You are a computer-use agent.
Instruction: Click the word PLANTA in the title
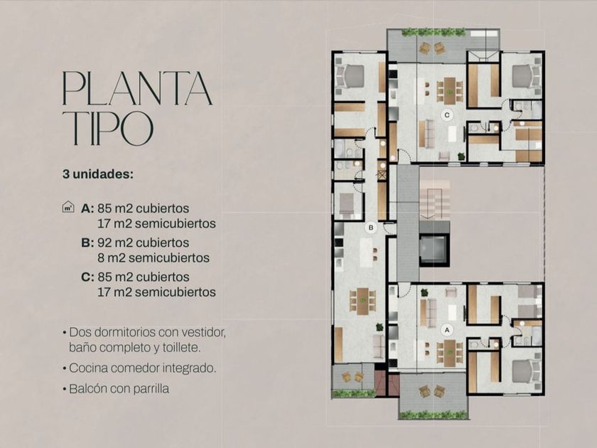click(x=137, y=88)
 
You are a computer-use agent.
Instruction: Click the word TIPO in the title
click(x=108, y=128)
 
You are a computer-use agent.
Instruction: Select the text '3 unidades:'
click(x=98, y=174)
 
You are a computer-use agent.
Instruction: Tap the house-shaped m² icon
click(x=68, y=207)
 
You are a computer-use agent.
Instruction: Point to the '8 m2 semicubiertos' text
click(x=154, y=258)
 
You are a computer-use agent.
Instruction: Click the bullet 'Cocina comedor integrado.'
click(x=142, y=368)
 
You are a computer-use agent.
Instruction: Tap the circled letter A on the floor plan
click(x=447, y=330)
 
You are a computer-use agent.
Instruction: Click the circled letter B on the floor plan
click(x=370, y=228)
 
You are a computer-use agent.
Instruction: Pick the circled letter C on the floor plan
click(x=447, y=114)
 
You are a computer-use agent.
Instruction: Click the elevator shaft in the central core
click(x=434, y=249)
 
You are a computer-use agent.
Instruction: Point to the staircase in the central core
click(x=435, y=199)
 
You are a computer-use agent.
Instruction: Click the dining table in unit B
click(x=362, y=301)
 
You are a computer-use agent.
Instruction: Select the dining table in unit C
click(x=450, y=90)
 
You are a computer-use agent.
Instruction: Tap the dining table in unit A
click(x=450, y=353)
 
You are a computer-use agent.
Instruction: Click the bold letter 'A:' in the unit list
click(x=87, y=208)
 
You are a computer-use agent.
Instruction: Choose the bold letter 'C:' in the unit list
click(x=87, y=277)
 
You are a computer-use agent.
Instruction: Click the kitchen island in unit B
click(x=366, y=253)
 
